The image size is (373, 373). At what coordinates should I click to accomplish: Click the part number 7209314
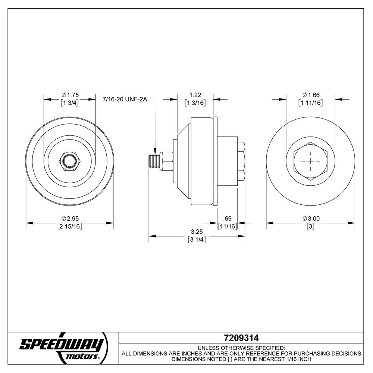pos(241,338)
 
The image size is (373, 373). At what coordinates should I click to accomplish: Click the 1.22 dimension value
pos(195,95)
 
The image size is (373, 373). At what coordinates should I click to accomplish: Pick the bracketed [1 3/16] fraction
pos(195,103)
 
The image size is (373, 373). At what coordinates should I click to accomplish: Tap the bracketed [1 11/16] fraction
pos(310,103)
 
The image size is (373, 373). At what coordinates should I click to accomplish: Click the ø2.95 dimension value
pos(70,218)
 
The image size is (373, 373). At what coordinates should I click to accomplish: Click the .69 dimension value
pos(227,218)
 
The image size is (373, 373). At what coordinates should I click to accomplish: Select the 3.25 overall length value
pos(197,231)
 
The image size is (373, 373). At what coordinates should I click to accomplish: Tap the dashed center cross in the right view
pos(310,161)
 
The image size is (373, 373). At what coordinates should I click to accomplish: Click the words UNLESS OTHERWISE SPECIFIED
pos(241,347)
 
